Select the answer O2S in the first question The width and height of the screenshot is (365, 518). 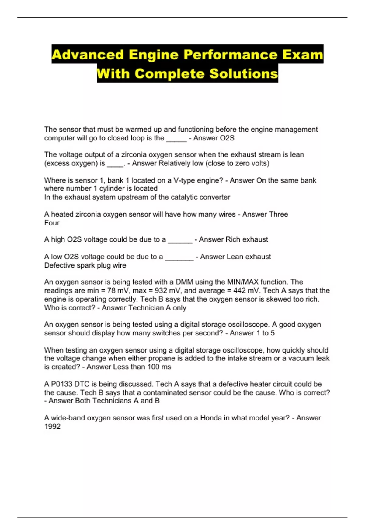(x=227, y=138)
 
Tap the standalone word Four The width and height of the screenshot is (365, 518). (x=52, y=223)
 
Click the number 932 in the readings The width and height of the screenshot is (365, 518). (x=161, y=291)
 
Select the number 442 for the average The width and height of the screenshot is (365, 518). (x=239, y=291)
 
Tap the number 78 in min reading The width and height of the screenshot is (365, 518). (x=112, y=291)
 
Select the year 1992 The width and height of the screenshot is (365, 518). (x=52, y=427)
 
